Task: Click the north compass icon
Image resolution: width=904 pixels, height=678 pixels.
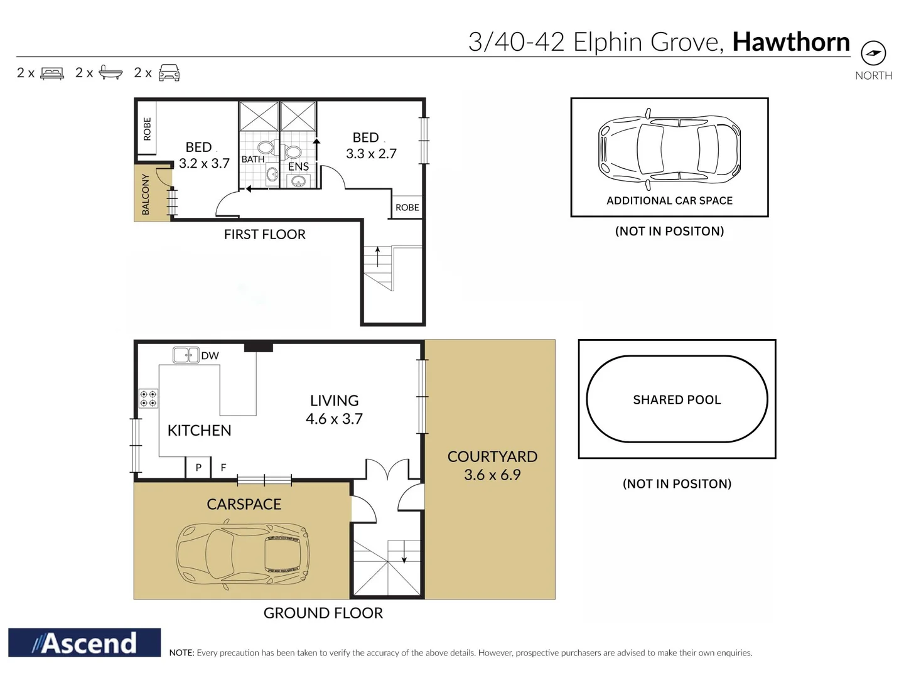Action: click(x=873, y=53)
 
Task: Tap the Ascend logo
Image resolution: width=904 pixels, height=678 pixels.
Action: click(x=84, y=643)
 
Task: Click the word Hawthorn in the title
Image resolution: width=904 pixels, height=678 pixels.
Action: click(x=791, y=42)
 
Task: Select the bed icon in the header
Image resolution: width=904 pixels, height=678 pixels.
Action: click(x=52, y=73)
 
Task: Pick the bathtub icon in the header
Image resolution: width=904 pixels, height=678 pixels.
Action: click(x=110, y=72)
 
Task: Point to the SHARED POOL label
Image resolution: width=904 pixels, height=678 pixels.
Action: click(x=677, y=400)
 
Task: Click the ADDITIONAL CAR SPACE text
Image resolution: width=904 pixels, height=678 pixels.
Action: click(x=669, y=201)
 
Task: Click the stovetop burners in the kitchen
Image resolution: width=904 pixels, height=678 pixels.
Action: click(x=148, y=399)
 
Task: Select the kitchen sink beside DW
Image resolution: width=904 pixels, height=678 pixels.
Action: click(x=186, y=355)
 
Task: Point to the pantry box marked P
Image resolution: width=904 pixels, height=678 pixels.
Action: click(x=198, y=468)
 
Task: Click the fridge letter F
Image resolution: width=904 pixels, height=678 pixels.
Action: click(x=223, y=468)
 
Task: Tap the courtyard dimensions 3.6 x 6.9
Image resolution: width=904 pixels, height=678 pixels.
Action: click(x=492, y=475)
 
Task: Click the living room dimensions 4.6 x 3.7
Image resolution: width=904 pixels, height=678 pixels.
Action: click(x=334, y=419)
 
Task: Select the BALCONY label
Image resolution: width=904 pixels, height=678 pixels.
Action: click(x=146, y=195)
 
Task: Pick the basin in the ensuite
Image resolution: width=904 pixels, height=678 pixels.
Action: click(x=298, y=180)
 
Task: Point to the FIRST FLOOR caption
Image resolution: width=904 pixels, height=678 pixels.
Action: click(x=264, y=235)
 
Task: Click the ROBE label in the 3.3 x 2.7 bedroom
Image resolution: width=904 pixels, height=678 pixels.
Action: click(x=407, y=207)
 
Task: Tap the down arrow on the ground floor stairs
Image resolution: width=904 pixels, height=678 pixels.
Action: click(x=404, y=552)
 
